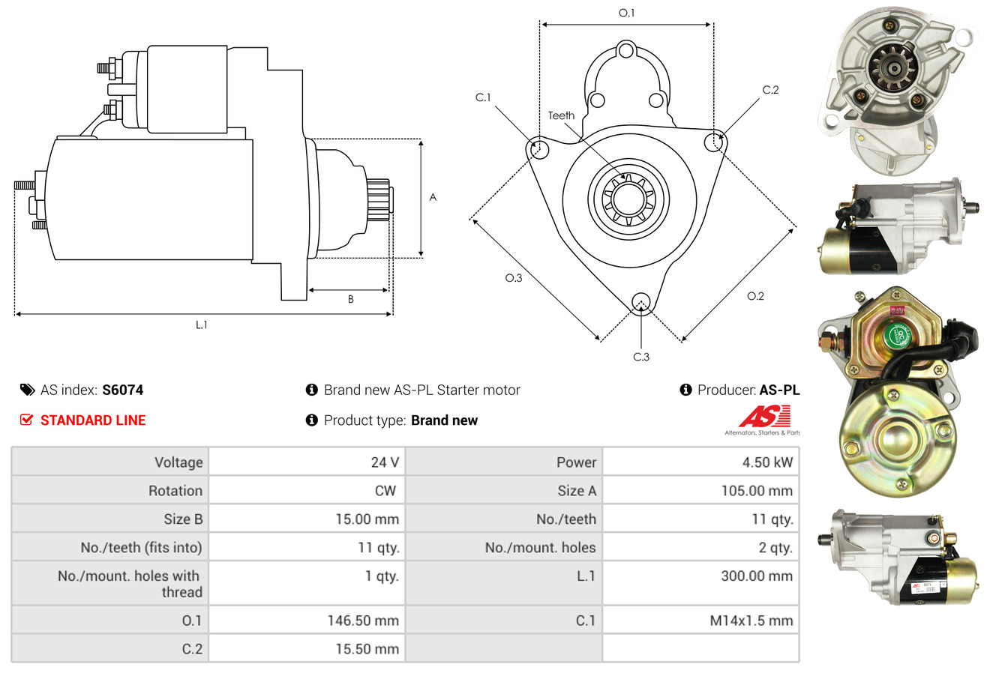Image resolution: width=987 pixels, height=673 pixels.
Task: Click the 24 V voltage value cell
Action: point(385,462)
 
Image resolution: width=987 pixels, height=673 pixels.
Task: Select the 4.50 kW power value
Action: point(767,462)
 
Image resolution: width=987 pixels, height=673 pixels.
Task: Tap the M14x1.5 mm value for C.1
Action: point(751,621)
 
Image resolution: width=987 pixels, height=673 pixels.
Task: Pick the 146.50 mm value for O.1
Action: point(363,621)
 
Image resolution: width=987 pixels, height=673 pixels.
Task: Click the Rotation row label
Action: point(175,491)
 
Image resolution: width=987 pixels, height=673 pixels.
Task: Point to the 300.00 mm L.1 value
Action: point(757,576)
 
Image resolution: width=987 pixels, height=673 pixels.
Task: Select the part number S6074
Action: point(122,390)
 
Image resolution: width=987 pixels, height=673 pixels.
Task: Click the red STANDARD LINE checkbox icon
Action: point(26,420)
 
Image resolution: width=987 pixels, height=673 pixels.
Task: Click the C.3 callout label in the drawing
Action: point(641,357)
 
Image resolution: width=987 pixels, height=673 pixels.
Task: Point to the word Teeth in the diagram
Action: point(561,115)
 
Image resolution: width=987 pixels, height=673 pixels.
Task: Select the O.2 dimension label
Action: point(755,296)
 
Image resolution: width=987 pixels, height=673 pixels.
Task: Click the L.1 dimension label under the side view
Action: point(201,325)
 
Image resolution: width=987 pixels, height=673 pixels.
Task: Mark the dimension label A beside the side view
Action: point(433,197)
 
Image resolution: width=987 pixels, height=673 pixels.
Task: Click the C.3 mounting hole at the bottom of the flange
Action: point(641,302)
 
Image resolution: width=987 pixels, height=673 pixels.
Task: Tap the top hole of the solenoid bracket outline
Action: point(625,51)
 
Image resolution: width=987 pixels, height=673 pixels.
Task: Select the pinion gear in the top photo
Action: point(893,68)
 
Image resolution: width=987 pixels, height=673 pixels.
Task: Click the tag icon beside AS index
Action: point(27,390)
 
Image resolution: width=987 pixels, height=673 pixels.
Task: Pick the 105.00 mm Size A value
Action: point(757,491)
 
